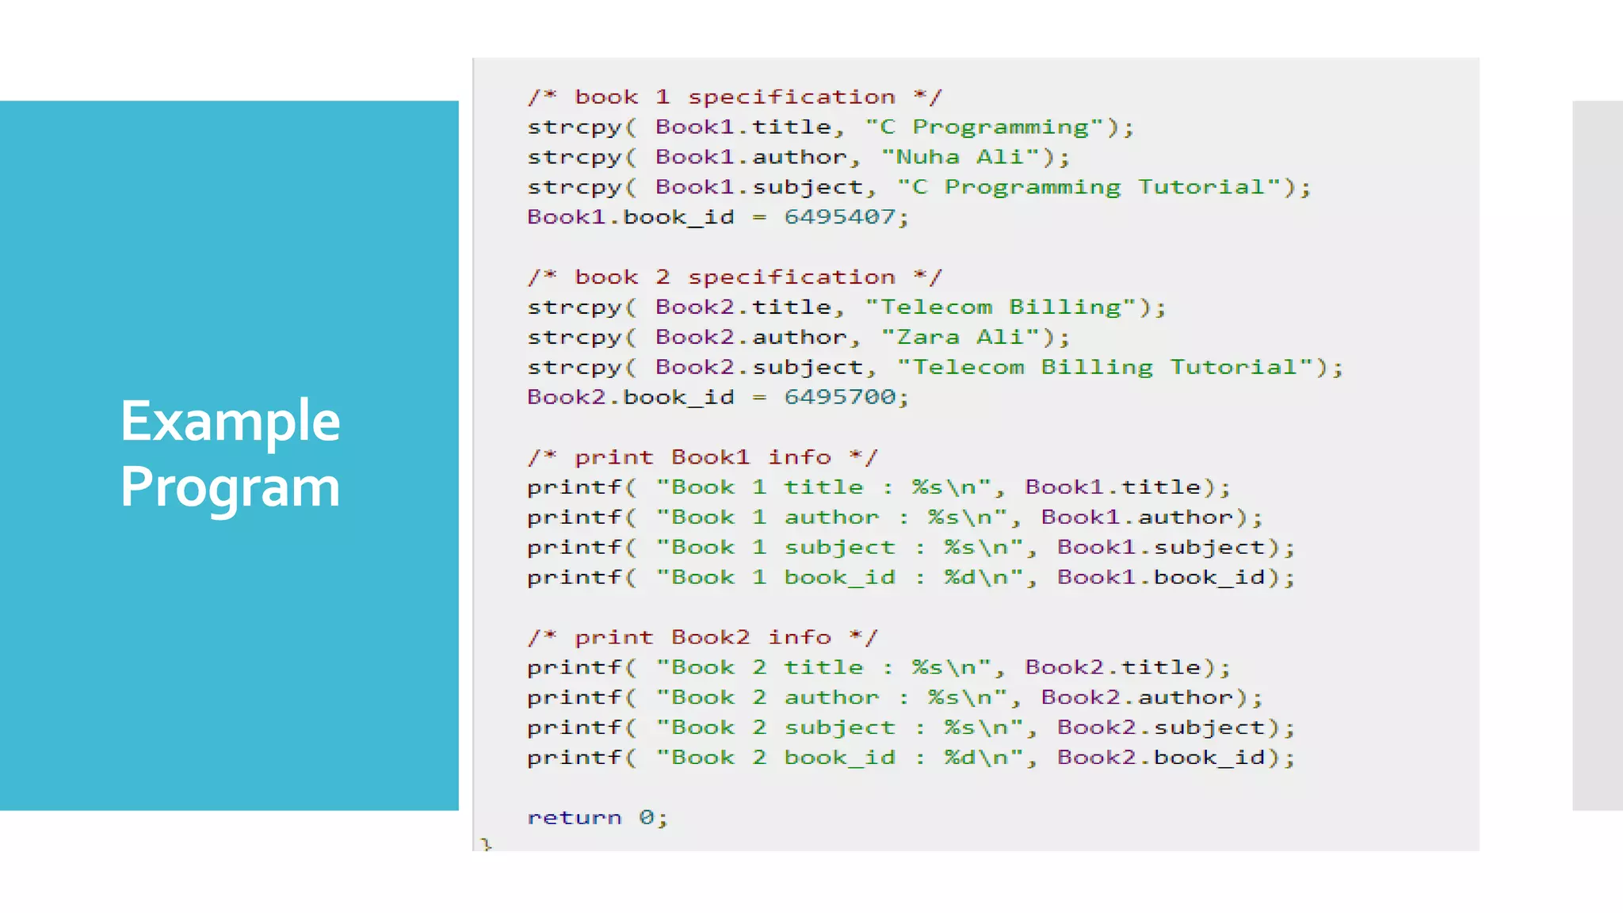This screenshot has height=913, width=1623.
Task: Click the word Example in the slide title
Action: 230,421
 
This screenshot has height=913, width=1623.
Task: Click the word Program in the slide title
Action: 230,487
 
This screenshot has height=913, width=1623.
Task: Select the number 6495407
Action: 839,217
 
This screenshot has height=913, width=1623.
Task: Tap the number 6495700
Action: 839,397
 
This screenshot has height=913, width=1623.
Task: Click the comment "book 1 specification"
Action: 735,97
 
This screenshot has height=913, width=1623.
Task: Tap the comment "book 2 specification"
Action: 735,277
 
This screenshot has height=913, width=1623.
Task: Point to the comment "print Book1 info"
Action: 702,457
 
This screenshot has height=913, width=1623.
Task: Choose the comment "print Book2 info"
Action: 702,637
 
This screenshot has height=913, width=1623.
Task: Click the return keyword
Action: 575,817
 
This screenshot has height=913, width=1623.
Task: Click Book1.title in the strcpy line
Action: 743,127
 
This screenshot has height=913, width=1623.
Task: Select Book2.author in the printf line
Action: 1137,697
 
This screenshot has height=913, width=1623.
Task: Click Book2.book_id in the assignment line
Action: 630,397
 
